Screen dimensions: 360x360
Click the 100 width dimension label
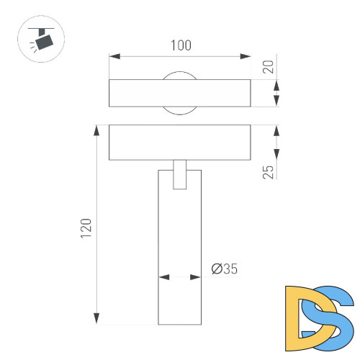[x=181, y=45]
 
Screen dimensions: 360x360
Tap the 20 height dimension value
[x=268, y=67]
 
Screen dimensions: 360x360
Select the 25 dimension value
[x=268, y=171]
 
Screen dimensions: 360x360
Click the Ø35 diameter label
[x=225, y=269]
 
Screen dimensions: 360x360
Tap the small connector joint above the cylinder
[x=180, y=174]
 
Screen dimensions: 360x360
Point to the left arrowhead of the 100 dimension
[x=113, y=55]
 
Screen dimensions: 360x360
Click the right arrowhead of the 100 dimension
[x=247, y=55]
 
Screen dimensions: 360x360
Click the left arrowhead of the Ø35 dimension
[x=163, y=276]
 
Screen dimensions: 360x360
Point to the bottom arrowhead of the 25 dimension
[x=277, y=156]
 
